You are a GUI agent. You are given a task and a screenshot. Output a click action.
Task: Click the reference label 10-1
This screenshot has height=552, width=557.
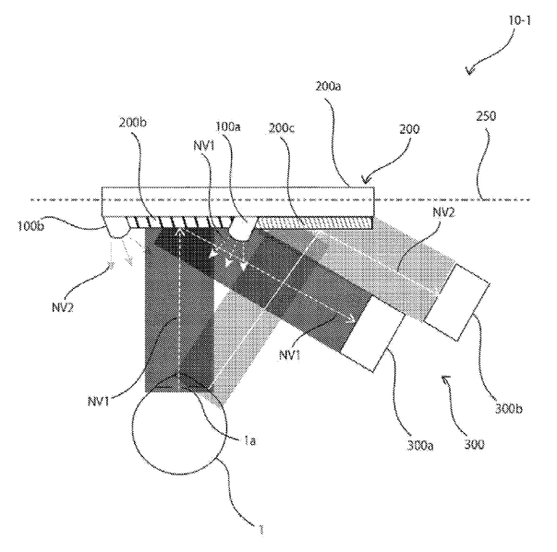[x=519, y=20]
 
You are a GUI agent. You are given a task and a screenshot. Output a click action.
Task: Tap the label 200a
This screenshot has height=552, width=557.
[x=328, y=86]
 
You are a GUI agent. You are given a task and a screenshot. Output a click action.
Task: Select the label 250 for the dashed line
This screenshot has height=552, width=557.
[x=486, y=115]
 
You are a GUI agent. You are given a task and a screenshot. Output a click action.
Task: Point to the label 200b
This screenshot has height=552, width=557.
[x=132, y=123]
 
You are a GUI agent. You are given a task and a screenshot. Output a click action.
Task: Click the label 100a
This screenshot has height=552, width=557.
[x=228, y=126]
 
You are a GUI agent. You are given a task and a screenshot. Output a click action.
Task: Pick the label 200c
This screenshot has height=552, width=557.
[x=282, y=128]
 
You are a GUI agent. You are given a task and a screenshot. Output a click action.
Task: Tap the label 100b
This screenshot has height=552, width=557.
[x=30, y=226]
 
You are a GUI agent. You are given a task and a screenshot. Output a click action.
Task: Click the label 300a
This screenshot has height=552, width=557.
[x=420, y=446]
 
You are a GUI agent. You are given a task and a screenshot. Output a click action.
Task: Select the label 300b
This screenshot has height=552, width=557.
[x=508, y=409]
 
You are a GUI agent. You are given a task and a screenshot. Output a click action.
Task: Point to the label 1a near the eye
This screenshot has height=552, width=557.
[x=249, y=441]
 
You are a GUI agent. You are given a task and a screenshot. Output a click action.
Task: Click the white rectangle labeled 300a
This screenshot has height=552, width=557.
[x=373, y=334]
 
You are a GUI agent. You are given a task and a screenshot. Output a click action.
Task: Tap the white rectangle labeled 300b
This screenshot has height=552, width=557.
[x=457, y=303]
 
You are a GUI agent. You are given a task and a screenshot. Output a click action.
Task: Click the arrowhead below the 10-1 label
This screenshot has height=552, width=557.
[x=470, y=71]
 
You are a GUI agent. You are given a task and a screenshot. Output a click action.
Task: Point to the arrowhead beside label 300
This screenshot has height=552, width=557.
[x=444, y=378]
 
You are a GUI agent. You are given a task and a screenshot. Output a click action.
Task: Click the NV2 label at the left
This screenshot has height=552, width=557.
[x=63, y=307]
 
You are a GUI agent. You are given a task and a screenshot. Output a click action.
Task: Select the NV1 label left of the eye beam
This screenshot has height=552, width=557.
[x=99, y=402]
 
